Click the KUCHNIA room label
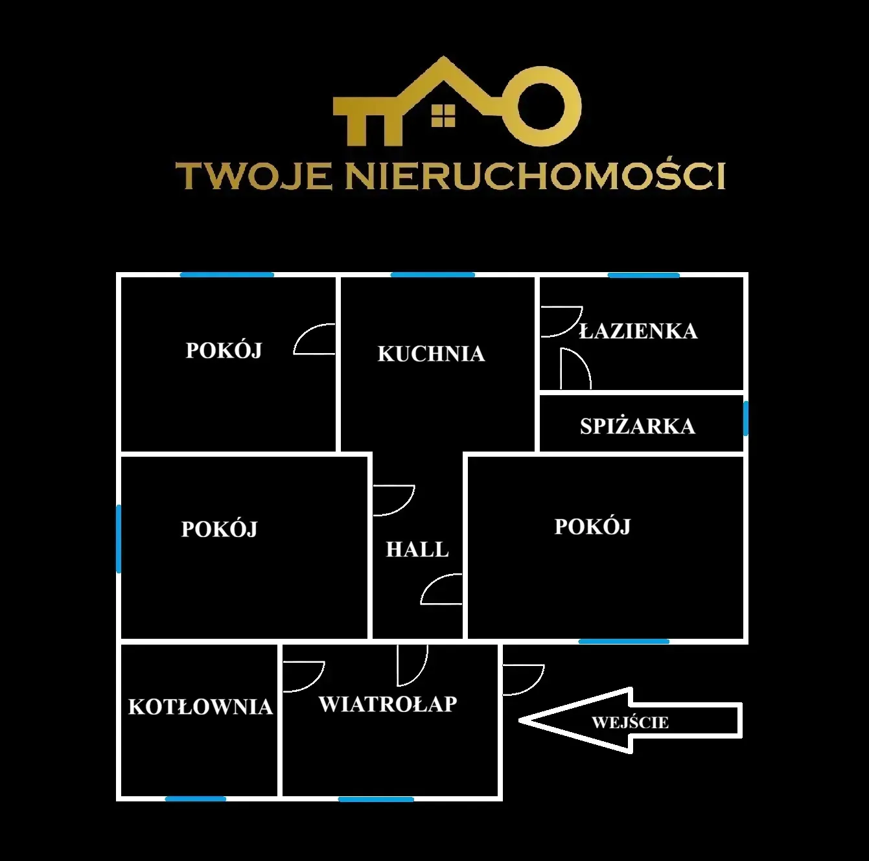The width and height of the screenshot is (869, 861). pos(431,354)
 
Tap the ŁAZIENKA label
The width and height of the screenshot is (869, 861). pos(638,330)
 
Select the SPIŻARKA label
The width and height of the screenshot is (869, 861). pos(638,426)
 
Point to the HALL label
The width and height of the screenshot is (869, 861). pos(417,549)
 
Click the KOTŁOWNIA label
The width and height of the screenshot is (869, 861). pos(201,707)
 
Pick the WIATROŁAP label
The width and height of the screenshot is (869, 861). pos(388,704)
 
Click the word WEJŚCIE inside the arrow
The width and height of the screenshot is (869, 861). pos(630,722)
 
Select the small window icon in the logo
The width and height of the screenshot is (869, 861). pos(443,115)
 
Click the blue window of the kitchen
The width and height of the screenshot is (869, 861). pos(432,275)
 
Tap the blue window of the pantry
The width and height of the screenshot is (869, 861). pos(745,418)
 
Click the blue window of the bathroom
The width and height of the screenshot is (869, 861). pos(643,275)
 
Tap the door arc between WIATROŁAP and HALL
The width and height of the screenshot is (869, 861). pos(423,671)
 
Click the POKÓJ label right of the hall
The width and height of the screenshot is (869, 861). pos(592,526)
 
